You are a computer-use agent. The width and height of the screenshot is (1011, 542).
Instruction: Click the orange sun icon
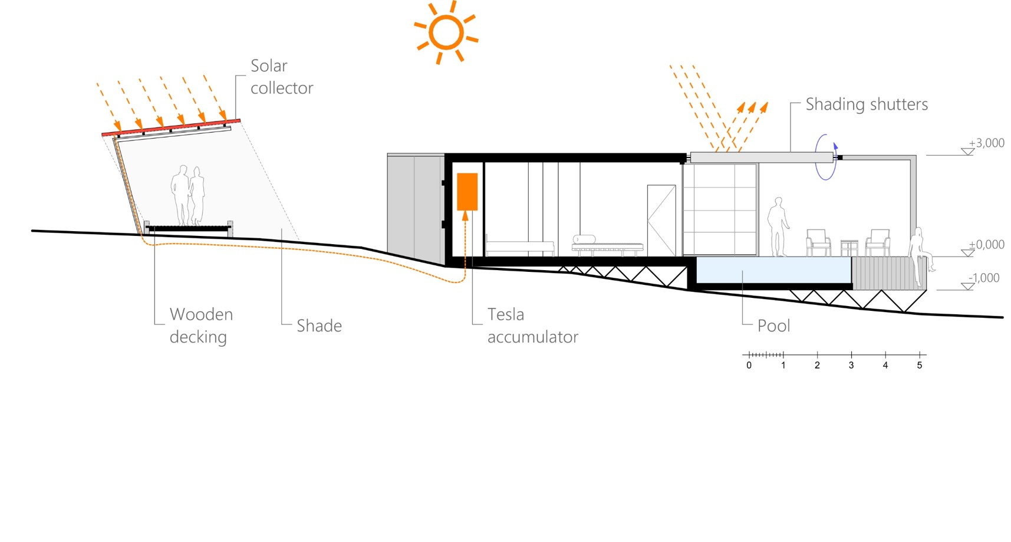(446, 32)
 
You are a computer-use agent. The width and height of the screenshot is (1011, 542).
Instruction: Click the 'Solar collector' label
(282, 77)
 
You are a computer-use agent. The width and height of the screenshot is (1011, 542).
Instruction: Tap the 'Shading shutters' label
(867, 104)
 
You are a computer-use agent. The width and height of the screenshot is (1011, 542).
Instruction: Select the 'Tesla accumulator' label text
(533, 326)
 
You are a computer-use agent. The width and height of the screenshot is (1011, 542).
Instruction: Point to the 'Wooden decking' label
(201, 326)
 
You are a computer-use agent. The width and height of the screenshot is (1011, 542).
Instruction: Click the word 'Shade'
(319, 326)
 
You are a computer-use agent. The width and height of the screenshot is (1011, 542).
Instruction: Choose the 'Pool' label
(773, 326)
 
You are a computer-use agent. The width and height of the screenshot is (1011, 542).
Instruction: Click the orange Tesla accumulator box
(467, 191)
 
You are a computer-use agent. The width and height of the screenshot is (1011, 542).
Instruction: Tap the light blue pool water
(773, 270)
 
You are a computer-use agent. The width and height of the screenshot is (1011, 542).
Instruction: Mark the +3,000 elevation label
(986, 143)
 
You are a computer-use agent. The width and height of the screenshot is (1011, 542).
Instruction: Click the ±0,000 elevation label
(986, 244)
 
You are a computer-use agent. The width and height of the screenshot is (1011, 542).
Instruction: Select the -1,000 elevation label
(984, 278)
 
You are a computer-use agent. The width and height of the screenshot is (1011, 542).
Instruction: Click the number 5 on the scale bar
(920, 366)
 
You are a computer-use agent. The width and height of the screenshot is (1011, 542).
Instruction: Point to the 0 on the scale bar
(749, 366)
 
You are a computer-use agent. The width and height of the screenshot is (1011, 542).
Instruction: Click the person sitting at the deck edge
(920, 257)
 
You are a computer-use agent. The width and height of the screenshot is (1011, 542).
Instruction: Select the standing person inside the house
(778, 227)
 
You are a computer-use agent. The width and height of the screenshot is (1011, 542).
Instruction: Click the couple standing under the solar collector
(188, 195)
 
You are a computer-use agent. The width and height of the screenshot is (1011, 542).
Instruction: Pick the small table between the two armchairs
(849, 248)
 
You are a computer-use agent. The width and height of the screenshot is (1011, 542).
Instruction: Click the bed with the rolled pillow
(607, 246)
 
